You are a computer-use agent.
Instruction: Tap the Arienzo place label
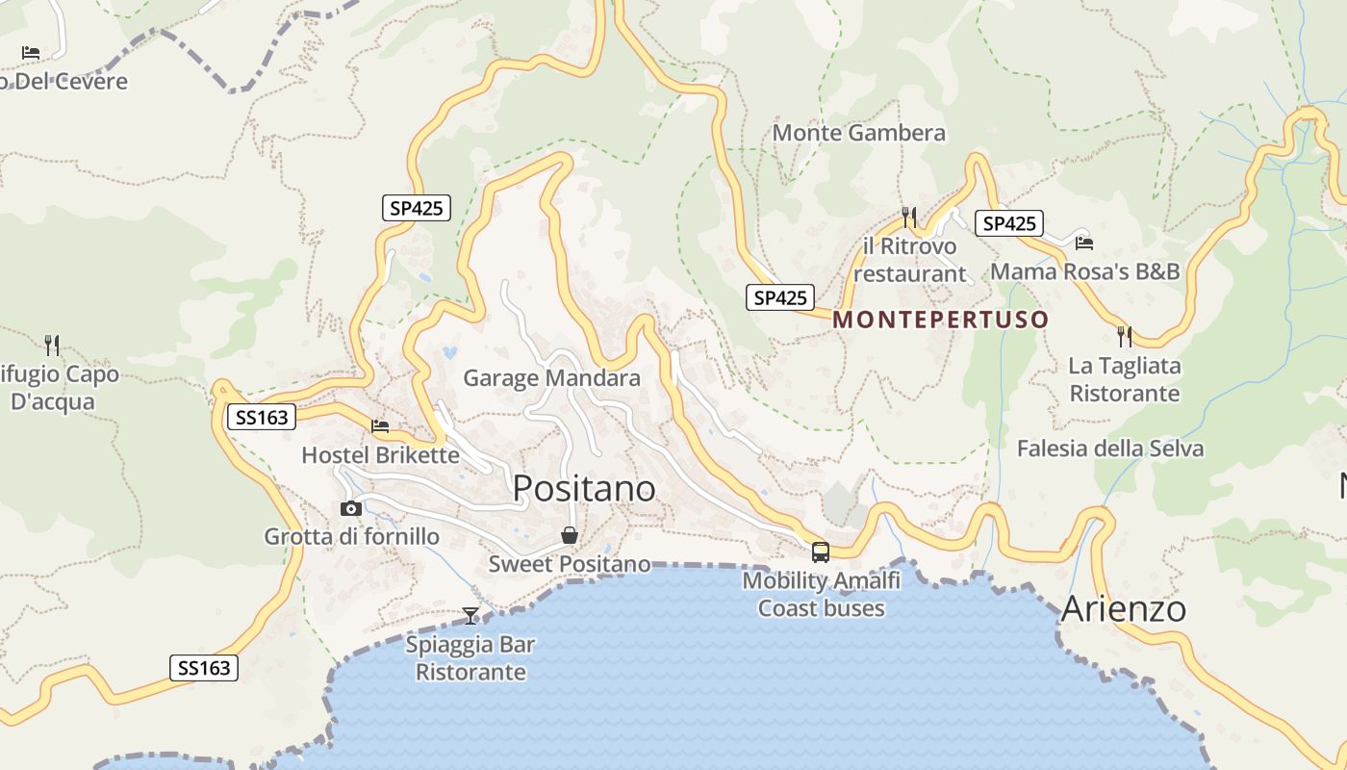[x=1123, y=608]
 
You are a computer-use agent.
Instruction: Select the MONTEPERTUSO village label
[x=940, y=320]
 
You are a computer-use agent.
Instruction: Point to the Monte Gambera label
[x=858, y=133]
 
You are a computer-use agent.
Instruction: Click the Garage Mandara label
[x=551, y=378]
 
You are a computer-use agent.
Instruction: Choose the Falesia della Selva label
[x=1109, y=449]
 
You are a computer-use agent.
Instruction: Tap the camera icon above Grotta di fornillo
[x=351, y=508]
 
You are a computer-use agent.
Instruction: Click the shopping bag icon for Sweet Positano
[x=570, y=535]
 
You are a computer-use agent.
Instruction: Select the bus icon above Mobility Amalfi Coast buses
[x=820, y=552]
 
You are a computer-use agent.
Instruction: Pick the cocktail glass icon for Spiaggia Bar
[x=470, y=615]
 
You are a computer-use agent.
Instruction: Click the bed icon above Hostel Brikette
[x=380, y=425]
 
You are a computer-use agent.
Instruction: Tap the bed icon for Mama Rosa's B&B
[x=1084, y=243]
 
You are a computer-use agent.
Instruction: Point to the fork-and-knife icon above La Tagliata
[x=1124, y=336]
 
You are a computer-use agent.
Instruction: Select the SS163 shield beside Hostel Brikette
[x=262, y=417]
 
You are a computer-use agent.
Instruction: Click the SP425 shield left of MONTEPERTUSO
[x=779, y=297]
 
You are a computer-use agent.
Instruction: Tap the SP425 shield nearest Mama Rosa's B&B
[x=1008, y=223]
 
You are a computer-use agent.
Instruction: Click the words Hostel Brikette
[x=380, y=454]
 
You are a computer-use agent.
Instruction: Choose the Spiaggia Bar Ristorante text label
[x=470, y=658]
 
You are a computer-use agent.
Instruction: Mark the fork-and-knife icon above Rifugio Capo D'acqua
[x=52, y=344]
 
